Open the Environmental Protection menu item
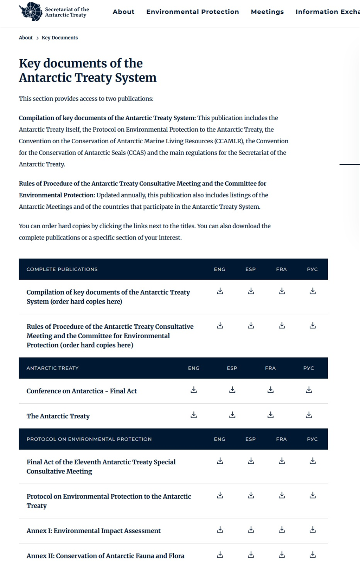[192, 12]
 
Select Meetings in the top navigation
[267, 12]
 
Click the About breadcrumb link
[26, 38]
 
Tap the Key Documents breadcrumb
[59, 38]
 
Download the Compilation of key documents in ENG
[220, 291]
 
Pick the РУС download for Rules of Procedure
[313, 326]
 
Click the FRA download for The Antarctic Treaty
[270, 415]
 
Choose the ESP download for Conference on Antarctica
[232, 390]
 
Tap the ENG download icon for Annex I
[220, 530]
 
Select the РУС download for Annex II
[313, 555]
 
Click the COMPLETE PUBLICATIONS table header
[62, 269]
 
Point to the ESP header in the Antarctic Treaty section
[232, 368]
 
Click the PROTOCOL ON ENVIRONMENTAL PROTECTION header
[89, 439]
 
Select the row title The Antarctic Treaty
[58, 416]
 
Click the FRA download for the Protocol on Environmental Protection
[282, 495]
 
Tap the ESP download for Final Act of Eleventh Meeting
[251, 461]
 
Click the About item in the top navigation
[123, 12]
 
